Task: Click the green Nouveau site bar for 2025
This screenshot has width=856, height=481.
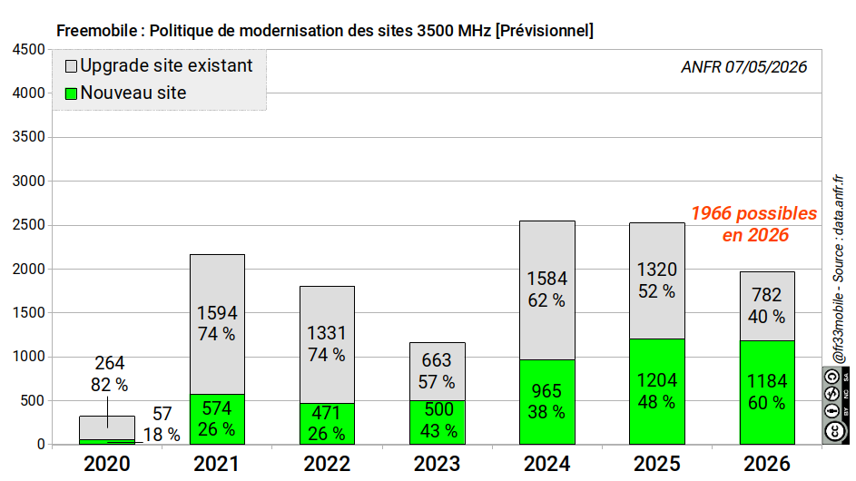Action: click(x=656, y=391)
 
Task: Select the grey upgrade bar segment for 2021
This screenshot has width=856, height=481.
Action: click(x=217, y=324)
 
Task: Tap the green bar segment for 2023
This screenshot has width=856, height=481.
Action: click(x=438, y=423)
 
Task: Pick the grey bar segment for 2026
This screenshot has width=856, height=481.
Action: click(x=767, y=306)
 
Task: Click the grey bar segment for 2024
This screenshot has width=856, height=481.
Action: click(x=547, y=290)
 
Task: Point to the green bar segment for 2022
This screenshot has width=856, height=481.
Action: click(x=327, y=424)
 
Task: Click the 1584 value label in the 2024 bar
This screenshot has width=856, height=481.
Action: click(x=547, y=279)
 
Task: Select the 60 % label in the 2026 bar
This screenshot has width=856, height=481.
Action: click(x=766, y=403)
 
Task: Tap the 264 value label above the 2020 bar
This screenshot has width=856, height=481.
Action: click(x=109, y=363)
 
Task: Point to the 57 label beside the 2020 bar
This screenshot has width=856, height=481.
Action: click(x=162, y=414)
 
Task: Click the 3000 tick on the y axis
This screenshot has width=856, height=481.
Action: click(x=29, y=182)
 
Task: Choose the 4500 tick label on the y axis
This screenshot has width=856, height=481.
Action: click(x=29, y=50)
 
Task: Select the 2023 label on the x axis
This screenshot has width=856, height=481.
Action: click(x=437, y=464)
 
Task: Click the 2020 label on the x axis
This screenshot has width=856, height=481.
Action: click(x=107, y=464)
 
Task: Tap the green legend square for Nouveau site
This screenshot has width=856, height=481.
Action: click(x=71, y=93)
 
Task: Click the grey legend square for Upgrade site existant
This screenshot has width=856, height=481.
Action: click(x=71, y=66)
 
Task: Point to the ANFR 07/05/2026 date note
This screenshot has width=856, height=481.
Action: click(x=744, y=67)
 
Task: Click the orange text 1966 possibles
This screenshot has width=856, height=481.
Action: click(x=754, y=213)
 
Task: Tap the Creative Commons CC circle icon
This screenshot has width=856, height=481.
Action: click(x=835, y=431)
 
